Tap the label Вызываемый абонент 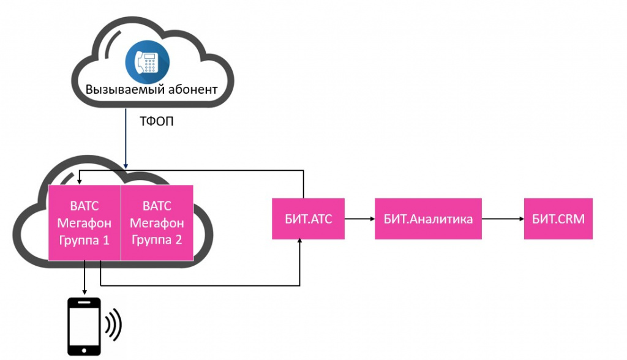[x=151, y=89]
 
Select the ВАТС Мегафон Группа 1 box [x=84, y=222]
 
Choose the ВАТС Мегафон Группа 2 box [x=157, y=222]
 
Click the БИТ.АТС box [x=308, y=219]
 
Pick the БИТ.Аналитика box [x=428, y=219]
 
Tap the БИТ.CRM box [x=558, y=219]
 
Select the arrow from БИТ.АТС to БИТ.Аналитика [x=359, y=219]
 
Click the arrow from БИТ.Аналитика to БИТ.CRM [x=503, y=219]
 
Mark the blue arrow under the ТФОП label [x=126, y=140]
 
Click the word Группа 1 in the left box [x=84, y=239]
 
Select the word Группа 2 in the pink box [x=157, y=239]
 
